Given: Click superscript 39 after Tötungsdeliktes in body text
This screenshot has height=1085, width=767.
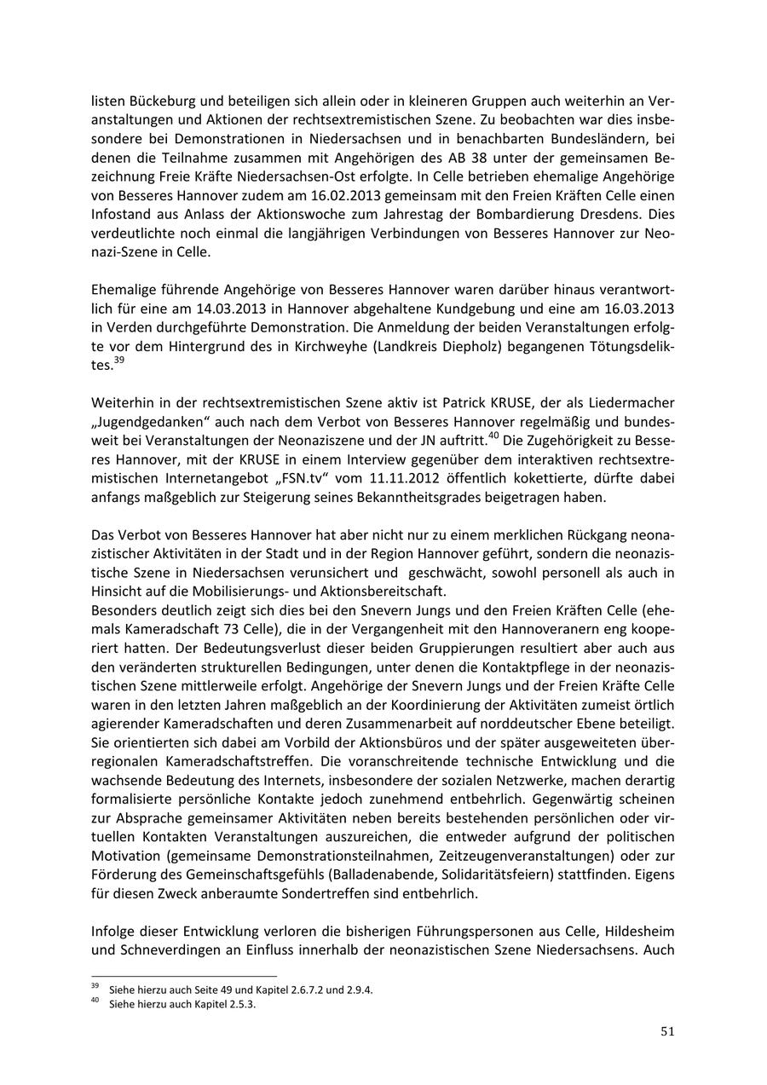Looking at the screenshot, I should [118, 361].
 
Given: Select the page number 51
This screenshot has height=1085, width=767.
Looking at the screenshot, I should [667, 1031].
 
